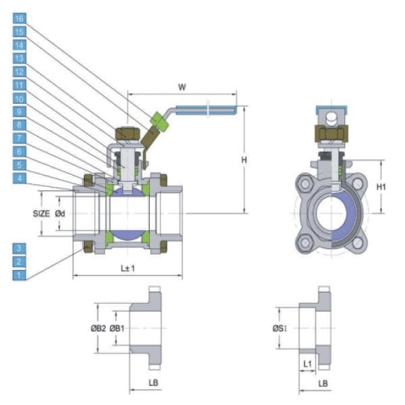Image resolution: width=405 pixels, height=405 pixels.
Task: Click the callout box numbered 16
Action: click(x=20, y=18)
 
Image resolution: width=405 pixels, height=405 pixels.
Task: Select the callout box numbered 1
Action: click(x=20, y=275)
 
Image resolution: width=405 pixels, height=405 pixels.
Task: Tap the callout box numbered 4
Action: click(x=20, y=178)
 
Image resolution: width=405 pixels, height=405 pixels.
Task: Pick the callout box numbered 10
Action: click(x=20, y=98)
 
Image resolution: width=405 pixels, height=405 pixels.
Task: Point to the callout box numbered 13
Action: click(x=20, y=58)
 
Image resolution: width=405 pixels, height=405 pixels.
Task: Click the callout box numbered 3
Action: click(x=20, y=248)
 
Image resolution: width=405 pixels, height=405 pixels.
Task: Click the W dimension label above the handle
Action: click(x=181, y=86)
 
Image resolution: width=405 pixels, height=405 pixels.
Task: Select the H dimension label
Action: click(x=254, y=159)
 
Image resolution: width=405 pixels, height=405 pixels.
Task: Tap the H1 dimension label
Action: click(x=381, y=186)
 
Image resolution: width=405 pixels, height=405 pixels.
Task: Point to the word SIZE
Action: click(x=41, y=213)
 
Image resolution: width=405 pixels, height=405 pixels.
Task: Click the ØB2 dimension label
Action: click(x=99, y=328)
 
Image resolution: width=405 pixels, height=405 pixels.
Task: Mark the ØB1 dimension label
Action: click(x=117, y=328)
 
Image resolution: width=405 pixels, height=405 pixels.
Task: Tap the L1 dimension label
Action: click(x=308, y=364)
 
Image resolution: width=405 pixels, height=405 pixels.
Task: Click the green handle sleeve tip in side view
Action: click(x=159, y=120)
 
